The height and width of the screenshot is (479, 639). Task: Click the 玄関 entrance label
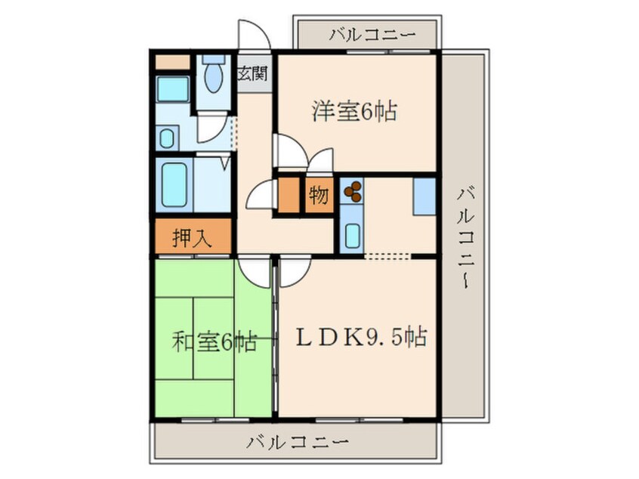[252, 74]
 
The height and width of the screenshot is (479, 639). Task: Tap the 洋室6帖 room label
[354, 113]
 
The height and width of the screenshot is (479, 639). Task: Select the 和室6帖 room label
[214, 343]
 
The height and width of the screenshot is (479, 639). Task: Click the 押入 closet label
[192, 238]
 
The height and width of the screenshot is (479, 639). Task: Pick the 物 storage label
[319, 196]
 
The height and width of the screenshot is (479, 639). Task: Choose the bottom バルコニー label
[297, 442]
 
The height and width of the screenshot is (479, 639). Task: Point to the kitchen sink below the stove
[351, 233]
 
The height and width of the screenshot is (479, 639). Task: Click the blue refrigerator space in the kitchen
[424, 195]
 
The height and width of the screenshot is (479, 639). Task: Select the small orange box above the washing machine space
[173, 63]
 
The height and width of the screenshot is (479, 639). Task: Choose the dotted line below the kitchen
[387, 257]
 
